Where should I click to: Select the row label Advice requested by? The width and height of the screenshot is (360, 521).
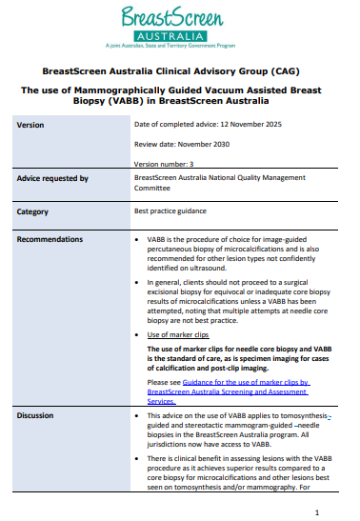pyautogui.click(x=52, y=178)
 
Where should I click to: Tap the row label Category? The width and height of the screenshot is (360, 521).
pyautogui.click(x=34, y=211)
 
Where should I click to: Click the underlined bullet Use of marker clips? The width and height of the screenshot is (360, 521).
pyautogui.click(x=176, y=336)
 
